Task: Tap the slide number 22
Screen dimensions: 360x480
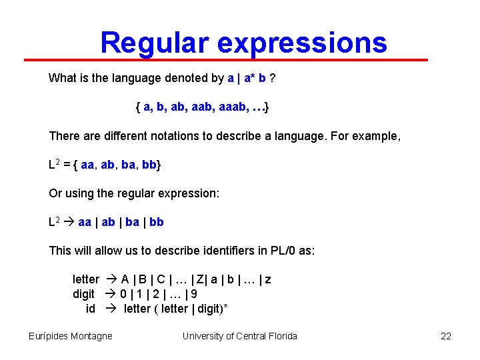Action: tap(446, 336)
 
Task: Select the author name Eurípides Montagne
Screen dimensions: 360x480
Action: tap(71, 336)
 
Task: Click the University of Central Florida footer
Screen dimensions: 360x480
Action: tap(240, 336)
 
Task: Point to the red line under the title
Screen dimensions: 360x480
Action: tap(227, 60)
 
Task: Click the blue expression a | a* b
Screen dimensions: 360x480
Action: tap(247, 79)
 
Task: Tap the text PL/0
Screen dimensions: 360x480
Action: tap(283, 251)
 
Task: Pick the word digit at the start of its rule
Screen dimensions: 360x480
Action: tap(85, 294)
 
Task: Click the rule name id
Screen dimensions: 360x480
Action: tap(91, 308)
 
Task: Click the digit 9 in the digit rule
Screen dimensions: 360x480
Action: tap(193, 294)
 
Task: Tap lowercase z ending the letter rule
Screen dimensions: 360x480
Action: tap(267, 279)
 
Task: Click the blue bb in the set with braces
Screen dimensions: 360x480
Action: tap(149, 165)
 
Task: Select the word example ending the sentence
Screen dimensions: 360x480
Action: tap(379, 136)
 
